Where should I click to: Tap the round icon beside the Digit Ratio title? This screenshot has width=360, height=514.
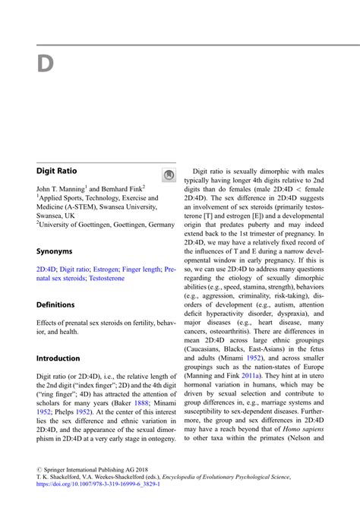coord(169,175)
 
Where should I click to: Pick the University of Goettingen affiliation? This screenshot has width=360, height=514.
coord(106,225)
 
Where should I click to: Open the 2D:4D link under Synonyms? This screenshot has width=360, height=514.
coord(46,269)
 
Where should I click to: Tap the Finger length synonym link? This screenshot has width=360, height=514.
coord(142,269)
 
